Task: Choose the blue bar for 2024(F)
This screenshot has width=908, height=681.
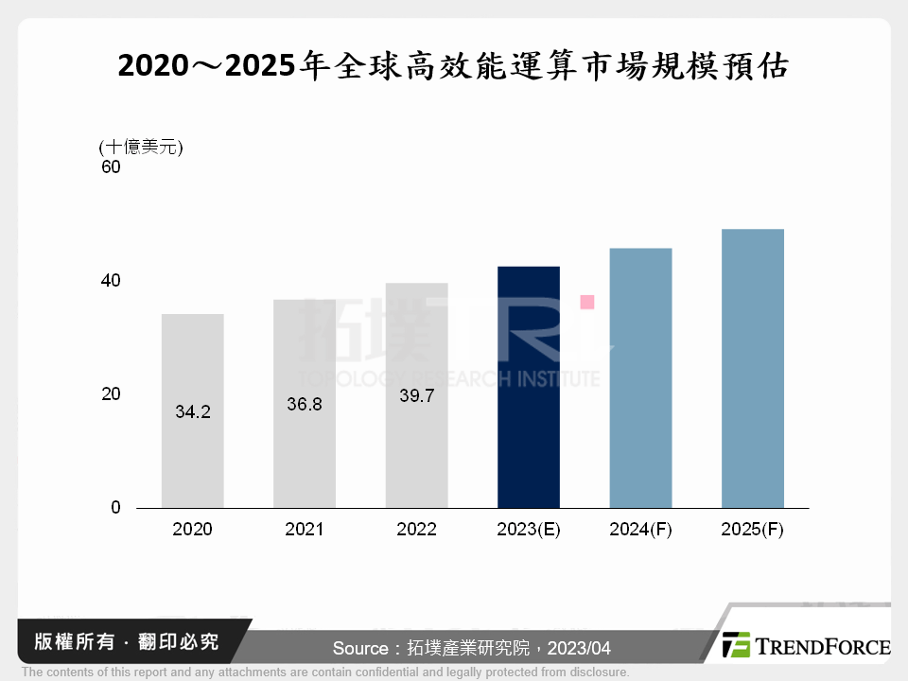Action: [x=640, y=378]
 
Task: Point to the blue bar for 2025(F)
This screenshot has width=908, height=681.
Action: [x=752, y=369]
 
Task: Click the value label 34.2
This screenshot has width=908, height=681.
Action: [x=192, y=412]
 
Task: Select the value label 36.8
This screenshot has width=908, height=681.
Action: [x=304, y=405]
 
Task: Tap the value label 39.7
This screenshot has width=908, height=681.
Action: [x=416, y=396]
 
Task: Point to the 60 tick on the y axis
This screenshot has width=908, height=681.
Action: [x=111, y=167]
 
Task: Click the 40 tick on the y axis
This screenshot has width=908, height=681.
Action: [x=111, y=281]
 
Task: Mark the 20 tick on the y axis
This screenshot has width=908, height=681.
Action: [x=111, y=393]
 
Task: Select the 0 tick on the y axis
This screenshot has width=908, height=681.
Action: [x=115, y=508]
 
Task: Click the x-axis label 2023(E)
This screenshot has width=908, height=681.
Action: [x=529, y=530]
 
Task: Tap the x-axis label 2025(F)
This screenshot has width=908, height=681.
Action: [x=752, y=530]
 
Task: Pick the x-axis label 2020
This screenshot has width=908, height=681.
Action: [x=192, y=530]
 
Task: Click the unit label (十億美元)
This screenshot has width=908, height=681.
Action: [x=140, y=147]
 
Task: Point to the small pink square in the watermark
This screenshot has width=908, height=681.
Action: [x=586, y=302]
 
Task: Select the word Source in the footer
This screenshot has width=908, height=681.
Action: [x=360, y=648]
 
